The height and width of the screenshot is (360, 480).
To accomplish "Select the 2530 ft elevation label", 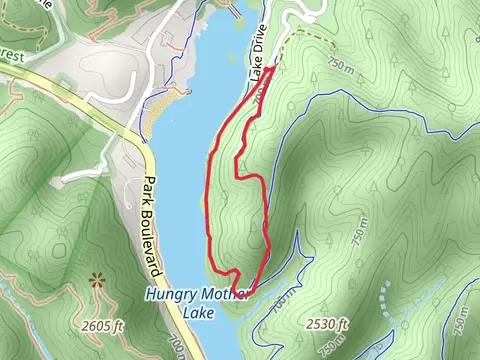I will pos(327,325).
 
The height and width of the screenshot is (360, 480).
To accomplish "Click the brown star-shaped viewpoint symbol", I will pos(98,280).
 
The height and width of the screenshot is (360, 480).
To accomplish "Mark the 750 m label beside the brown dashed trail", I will pos(340,66).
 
